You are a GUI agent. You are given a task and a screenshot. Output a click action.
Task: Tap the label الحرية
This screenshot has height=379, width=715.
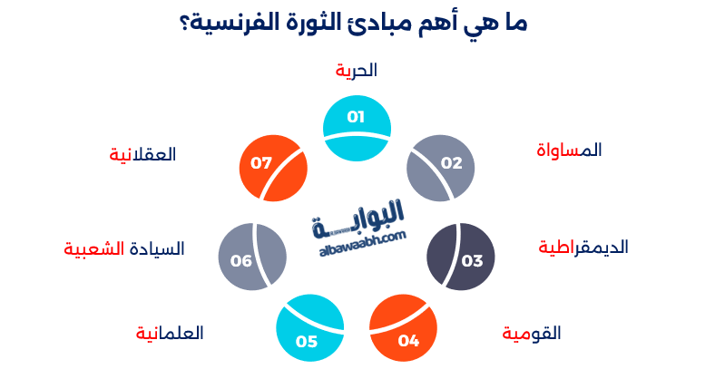click(x=356, y=71)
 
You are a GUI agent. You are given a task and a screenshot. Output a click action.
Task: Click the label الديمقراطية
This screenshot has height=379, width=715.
click(x=583, y=247)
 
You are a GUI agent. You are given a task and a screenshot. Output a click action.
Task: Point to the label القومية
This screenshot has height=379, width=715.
click(x=532, y=334)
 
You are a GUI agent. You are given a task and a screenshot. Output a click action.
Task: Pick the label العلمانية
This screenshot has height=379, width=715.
click(x=170, y=334)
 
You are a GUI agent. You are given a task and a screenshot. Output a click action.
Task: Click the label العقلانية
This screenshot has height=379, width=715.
click(x=142, y=154)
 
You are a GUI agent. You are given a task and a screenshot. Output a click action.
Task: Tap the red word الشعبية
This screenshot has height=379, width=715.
click(x=93, y=248)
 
